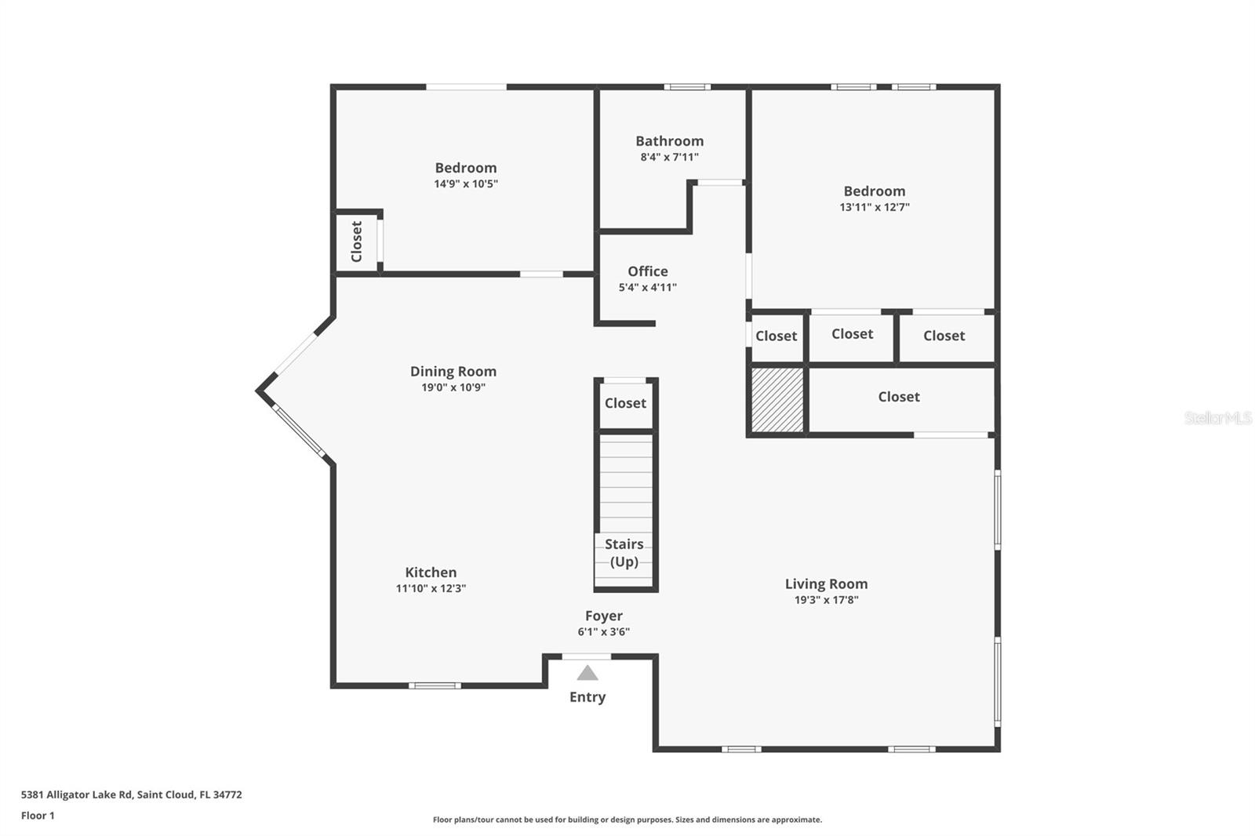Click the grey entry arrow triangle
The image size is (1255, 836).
click(x=587, y=673)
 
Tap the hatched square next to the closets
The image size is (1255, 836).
click(x=778, y=398)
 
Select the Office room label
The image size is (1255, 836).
click(x=648, y=271)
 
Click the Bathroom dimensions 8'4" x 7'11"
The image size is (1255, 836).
click(x=669, y=157)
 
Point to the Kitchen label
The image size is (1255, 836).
click(x=431, y=572)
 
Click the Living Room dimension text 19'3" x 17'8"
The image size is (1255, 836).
click(x=826, y=600)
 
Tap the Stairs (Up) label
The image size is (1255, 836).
click(x=624, y=553)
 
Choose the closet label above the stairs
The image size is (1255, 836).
click(x=625, y=403)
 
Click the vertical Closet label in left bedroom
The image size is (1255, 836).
click(x=357, y=242)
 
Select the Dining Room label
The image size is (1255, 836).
click(x=453, y=372)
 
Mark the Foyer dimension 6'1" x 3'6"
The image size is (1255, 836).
click(x=603, y=632)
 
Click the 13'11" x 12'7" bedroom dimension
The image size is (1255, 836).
click(x=874, y=208)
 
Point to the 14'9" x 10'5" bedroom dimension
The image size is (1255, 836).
click(x=466, y=184)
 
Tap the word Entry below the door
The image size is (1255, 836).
click(x=587, y=697)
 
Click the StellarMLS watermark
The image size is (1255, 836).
click(x=1217, y=418)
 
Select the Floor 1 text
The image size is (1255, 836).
click(x=38, y=816)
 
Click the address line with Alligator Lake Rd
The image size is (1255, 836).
click(x=131, y=794)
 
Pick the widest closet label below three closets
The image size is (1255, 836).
click(x=899, y=397)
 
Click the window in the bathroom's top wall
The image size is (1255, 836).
click(x=687, y=87)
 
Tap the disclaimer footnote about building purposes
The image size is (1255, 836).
click(x=627, y=820)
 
